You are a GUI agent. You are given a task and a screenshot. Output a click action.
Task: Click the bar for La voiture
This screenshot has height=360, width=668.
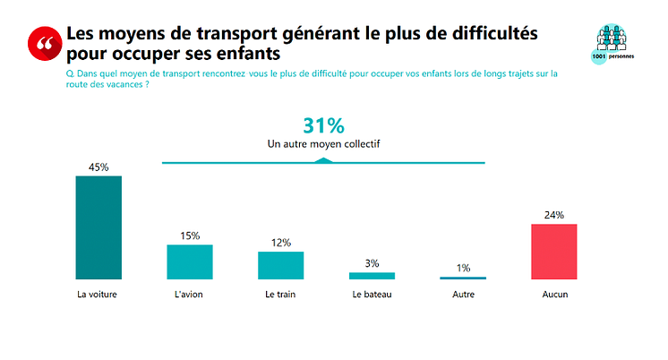point(98,227)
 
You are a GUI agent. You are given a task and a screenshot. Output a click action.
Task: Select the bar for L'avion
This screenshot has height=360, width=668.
point(190,261)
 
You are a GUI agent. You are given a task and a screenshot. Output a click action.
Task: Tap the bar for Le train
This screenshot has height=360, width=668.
point(280,265)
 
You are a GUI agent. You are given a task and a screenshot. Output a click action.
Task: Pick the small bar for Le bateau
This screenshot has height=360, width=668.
point(372,276)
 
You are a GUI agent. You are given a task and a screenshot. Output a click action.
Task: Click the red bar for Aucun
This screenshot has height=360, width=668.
point(554,252)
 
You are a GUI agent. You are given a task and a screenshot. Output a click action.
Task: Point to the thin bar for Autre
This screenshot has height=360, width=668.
point(463,278)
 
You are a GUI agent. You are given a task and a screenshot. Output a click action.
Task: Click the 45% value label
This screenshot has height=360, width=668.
point(98,167)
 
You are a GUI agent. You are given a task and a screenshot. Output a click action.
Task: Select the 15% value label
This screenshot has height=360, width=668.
point(190,236)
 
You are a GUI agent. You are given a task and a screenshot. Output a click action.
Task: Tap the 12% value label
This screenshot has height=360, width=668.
point(280,243)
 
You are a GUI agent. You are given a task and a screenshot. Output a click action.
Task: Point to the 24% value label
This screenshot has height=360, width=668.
point(554,215)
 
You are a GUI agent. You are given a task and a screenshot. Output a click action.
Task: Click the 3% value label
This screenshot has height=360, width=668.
point(372,263)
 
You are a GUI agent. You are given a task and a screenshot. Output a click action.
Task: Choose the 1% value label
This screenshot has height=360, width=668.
point(463,268)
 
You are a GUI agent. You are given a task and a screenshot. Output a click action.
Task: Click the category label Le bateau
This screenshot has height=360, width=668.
point(372,294)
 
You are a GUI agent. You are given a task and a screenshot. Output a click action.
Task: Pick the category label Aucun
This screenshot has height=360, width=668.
point(554,294)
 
